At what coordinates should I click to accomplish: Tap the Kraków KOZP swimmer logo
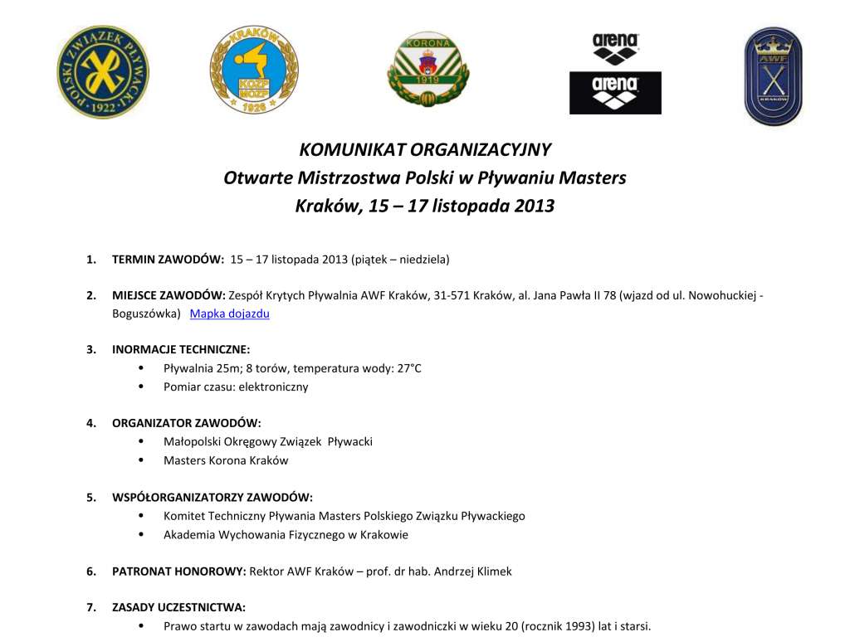253,70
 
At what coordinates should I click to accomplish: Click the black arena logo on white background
615,49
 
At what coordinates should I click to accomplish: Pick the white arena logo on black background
615,92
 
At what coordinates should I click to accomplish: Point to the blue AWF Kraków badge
773,75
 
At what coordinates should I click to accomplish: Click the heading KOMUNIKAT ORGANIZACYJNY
425,150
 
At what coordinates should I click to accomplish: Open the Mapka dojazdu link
230,314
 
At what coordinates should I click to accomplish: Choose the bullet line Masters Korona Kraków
226,460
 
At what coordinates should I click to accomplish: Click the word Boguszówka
145,314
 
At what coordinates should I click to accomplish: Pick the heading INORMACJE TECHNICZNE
181,349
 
